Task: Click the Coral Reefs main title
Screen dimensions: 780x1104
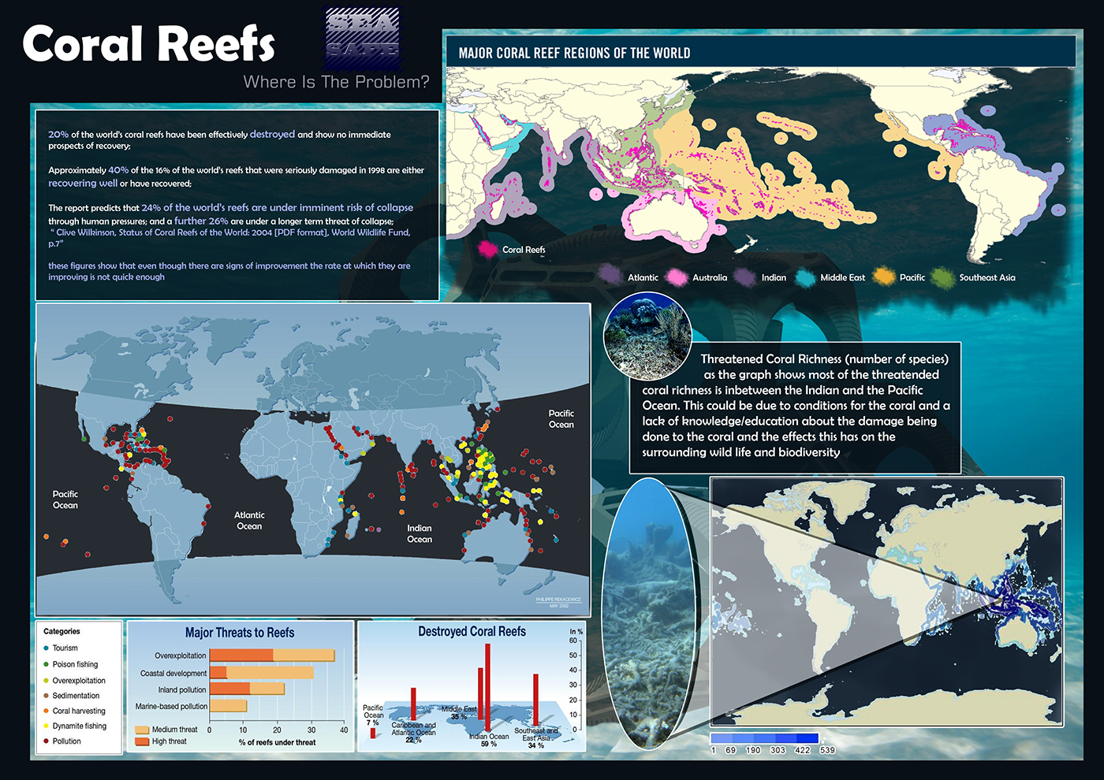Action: pos(148,44)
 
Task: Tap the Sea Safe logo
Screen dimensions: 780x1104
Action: pos(362,38)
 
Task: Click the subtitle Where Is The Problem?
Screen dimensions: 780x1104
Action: pos(336,82)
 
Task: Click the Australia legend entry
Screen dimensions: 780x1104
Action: pos(709,277)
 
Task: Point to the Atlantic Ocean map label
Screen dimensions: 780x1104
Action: pos(249,520)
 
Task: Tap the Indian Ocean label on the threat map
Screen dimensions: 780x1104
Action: pos(420,533)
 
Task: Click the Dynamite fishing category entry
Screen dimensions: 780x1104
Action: pos(79,726)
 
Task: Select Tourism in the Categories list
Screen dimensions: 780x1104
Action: pos(65,648)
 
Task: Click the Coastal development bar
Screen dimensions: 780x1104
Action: pos(261,673)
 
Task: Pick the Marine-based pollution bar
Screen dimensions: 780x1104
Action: pos(228,706)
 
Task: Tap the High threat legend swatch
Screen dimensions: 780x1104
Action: pos(142,741)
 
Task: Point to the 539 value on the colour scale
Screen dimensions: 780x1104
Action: pos(826,750)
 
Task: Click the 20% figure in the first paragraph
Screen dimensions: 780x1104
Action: pos(58,135)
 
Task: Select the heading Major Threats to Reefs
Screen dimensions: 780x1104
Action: pos(240,633)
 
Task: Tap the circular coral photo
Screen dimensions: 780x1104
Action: pos(647,336)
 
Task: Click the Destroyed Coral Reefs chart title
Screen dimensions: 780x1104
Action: pos(472,632)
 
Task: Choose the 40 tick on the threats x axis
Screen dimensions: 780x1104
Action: pos(344,730)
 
